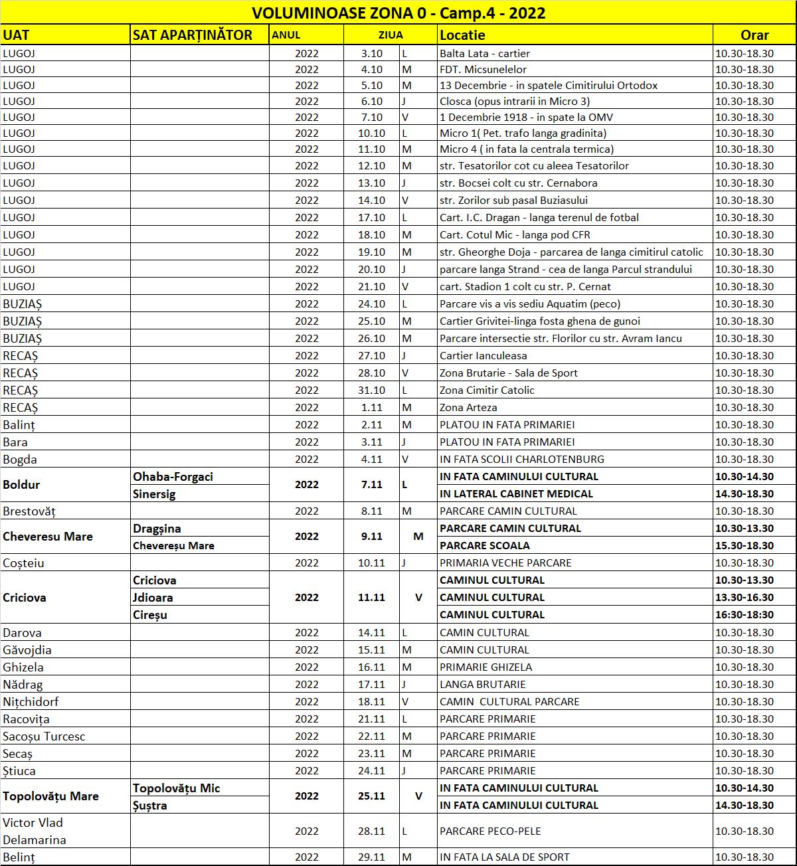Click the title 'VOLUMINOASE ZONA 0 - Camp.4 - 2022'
(398, 13)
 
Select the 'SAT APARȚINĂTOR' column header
(193, 35)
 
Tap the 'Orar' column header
(754, 35)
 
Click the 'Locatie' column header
(463, 35)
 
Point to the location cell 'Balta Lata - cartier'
(485, 53)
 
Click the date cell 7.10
(372, 117)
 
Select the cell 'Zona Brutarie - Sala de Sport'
(509, 373)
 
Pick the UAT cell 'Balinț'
(19, 424)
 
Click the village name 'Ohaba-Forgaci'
(173, 476)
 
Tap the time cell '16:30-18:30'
(745, 614)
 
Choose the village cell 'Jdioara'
(153, 597)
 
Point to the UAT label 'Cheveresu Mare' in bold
(48, 537)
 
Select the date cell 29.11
(372, 857)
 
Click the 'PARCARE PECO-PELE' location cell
(490, 831)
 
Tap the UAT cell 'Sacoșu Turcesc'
(44, 736)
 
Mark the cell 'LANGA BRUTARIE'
(483, 684)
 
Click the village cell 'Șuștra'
(150, 805)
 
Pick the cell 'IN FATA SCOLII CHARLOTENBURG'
(522, 459)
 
